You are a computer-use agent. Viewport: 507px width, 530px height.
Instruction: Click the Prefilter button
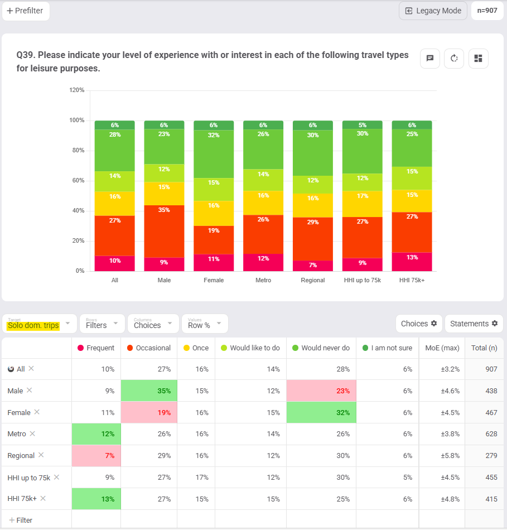pos(26,11)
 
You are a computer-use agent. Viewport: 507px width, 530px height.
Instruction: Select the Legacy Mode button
pos(433,11)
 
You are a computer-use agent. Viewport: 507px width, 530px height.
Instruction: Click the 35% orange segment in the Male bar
pos(164,231)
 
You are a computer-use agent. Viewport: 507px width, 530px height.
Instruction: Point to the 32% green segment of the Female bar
pos(214,154)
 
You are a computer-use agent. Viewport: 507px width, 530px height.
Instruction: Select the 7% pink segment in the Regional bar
pos(313,266)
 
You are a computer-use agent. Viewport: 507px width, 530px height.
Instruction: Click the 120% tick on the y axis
pos(76,90)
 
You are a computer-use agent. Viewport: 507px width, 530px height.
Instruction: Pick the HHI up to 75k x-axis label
pos(362,280)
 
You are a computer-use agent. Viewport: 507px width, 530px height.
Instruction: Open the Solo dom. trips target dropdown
pos(39,324)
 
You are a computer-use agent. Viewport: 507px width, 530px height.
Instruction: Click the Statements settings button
pos(474,324)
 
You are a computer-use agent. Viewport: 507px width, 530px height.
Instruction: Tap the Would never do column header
pos(321,348)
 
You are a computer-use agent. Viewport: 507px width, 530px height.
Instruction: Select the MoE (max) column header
pos(442,348)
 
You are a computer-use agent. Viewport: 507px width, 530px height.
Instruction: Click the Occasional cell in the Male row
pos(149,391)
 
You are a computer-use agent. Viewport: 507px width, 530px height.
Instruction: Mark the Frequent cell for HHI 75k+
pos(96,499)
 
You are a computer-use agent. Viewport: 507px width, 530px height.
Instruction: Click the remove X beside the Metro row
pos(32,433)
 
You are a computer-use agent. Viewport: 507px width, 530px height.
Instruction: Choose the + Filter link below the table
pos(21,520)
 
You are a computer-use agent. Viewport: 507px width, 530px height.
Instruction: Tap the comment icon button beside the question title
pos(430,59)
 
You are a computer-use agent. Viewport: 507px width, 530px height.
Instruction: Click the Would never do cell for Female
pos(321,413)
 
